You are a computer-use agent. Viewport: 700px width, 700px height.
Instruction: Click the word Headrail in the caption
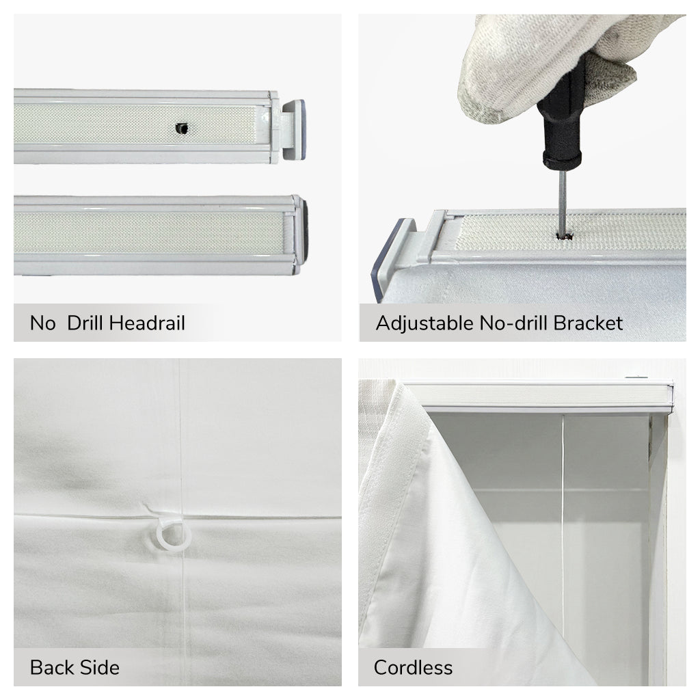pyautogui.click(x=147, y=323)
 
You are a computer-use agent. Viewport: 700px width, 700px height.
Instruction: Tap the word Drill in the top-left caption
pyautogui.click(x=85, y=323)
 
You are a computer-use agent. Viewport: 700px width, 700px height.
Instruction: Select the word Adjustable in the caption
pyautogui.click(x=425, y=323)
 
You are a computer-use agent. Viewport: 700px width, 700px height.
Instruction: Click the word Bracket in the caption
pyautogui.click(x=588, y=323)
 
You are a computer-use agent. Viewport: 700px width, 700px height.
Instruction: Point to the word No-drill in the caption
pyautogui.click(x=513, y=323)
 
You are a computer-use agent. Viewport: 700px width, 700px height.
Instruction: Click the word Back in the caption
pyautogui.click(x=51, y=667)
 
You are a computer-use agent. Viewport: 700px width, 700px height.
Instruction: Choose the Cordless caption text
pyautogui.click(x=413, y=667)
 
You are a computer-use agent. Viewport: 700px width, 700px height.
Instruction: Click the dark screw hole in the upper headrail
pyautogui.click(x=181, y=129)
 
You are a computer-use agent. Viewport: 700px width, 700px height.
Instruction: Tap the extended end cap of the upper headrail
pyautogui.click(x=293, y=129)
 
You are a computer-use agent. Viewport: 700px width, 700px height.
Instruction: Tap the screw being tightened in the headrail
pyautogui.click(x=564, y=236)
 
